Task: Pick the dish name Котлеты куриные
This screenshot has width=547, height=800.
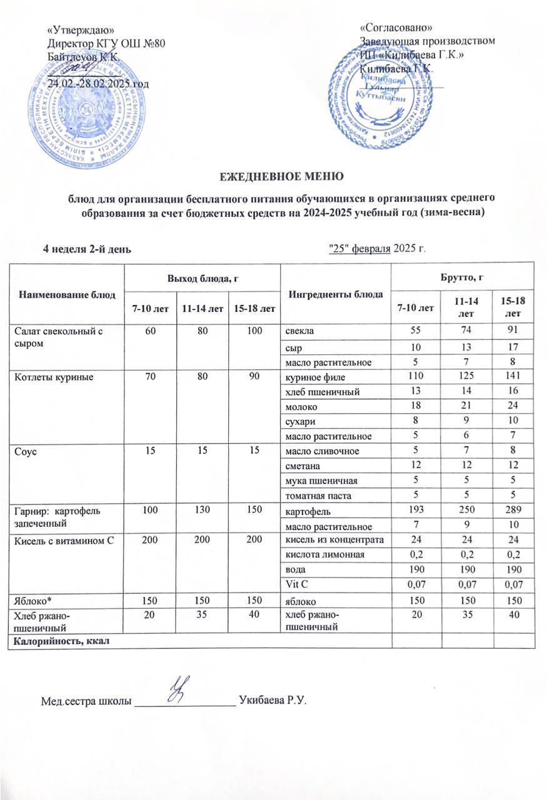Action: [44, 377]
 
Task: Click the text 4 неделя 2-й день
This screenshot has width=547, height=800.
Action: [86, 250]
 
